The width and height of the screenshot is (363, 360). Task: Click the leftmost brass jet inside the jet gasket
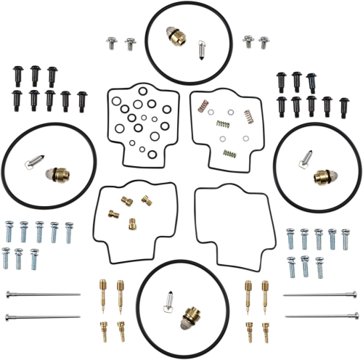pos(113,213)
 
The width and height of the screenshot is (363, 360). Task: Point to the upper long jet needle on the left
pos(41,294)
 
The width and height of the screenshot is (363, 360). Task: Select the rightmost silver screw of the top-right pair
pos(264,42)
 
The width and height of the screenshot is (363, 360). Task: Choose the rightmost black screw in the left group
pos(82,99)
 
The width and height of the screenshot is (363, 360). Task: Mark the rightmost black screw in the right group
pos(343,107)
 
